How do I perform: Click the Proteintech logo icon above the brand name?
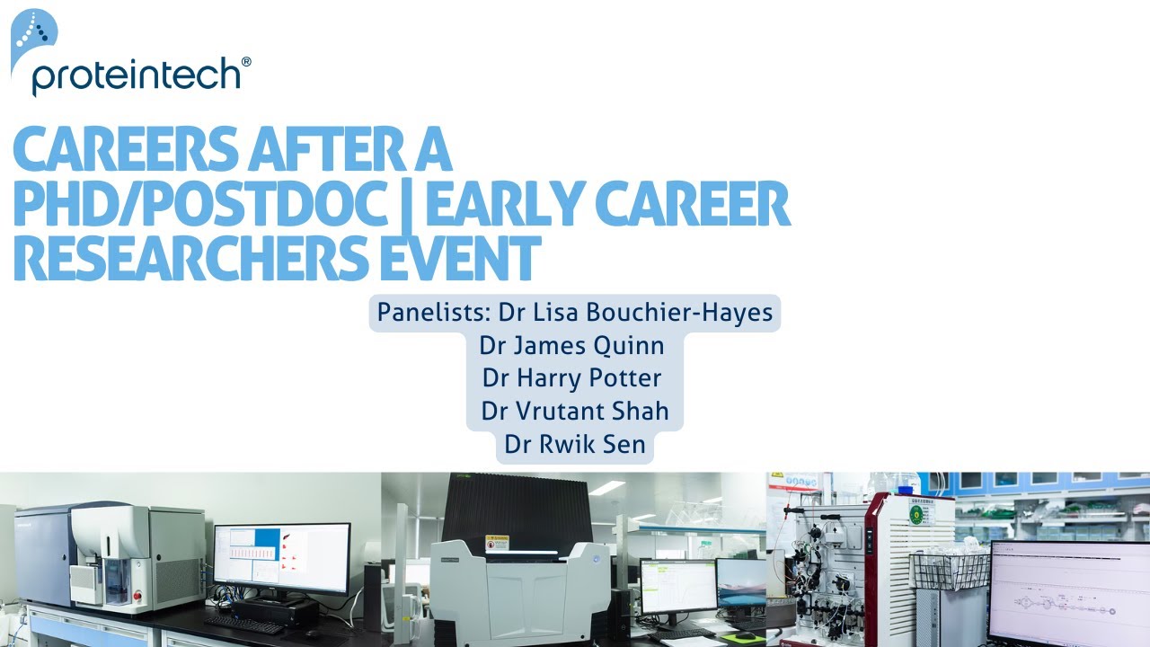tap(33, 36)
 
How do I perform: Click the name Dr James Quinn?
tap(572, 346)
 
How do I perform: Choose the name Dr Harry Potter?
tap(572, 378)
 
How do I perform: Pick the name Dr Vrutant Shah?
tap(575, 412)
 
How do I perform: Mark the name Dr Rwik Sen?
tap(575, 444)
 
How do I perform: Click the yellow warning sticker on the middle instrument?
tap(497, 542)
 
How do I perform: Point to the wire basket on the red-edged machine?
tap(949, 571)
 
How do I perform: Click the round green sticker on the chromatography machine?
tap(916, 515)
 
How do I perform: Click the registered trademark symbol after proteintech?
tap(246, 62)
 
